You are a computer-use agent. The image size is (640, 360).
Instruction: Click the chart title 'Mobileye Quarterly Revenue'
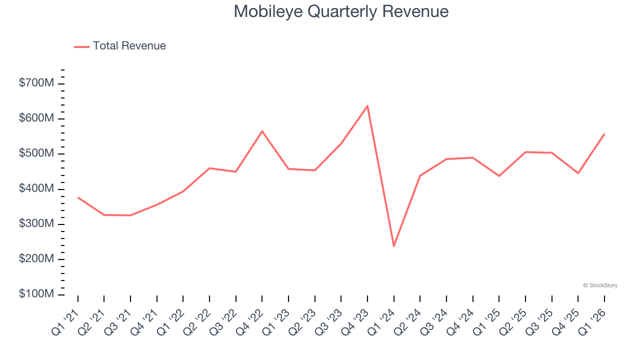coord(341,11)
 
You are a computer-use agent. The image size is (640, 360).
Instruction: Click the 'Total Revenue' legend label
coord(129,46)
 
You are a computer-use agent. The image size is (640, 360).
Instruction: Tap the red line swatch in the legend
coord(81,46)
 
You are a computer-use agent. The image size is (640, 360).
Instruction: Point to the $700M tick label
coord(36,83)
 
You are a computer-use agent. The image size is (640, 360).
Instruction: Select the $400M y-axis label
coord(36,189)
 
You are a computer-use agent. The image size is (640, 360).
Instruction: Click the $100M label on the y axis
coord(36,294)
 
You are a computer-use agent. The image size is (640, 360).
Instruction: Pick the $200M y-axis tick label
coord(36,259)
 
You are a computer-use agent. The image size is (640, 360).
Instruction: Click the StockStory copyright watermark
coord(600,285)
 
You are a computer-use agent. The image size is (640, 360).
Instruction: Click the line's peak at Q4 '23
coord(367,105)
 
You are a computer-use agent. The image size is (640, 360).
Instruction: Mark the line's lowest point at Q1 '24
coord(394,246)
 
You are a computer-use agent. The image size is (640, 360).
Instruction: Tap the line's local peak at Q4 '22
coord(262,131)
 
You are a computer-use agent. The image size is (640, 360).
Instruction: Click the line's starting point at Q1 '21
coord(78,197)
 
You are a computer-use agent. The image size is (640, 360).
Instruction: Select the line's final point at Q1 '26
coord(604,134)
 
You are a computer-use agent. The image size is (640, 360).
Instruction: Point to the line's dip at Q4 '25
coord(578,173)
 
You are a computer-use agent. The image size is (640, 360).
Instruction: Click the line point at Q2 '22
coord(209,168)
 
